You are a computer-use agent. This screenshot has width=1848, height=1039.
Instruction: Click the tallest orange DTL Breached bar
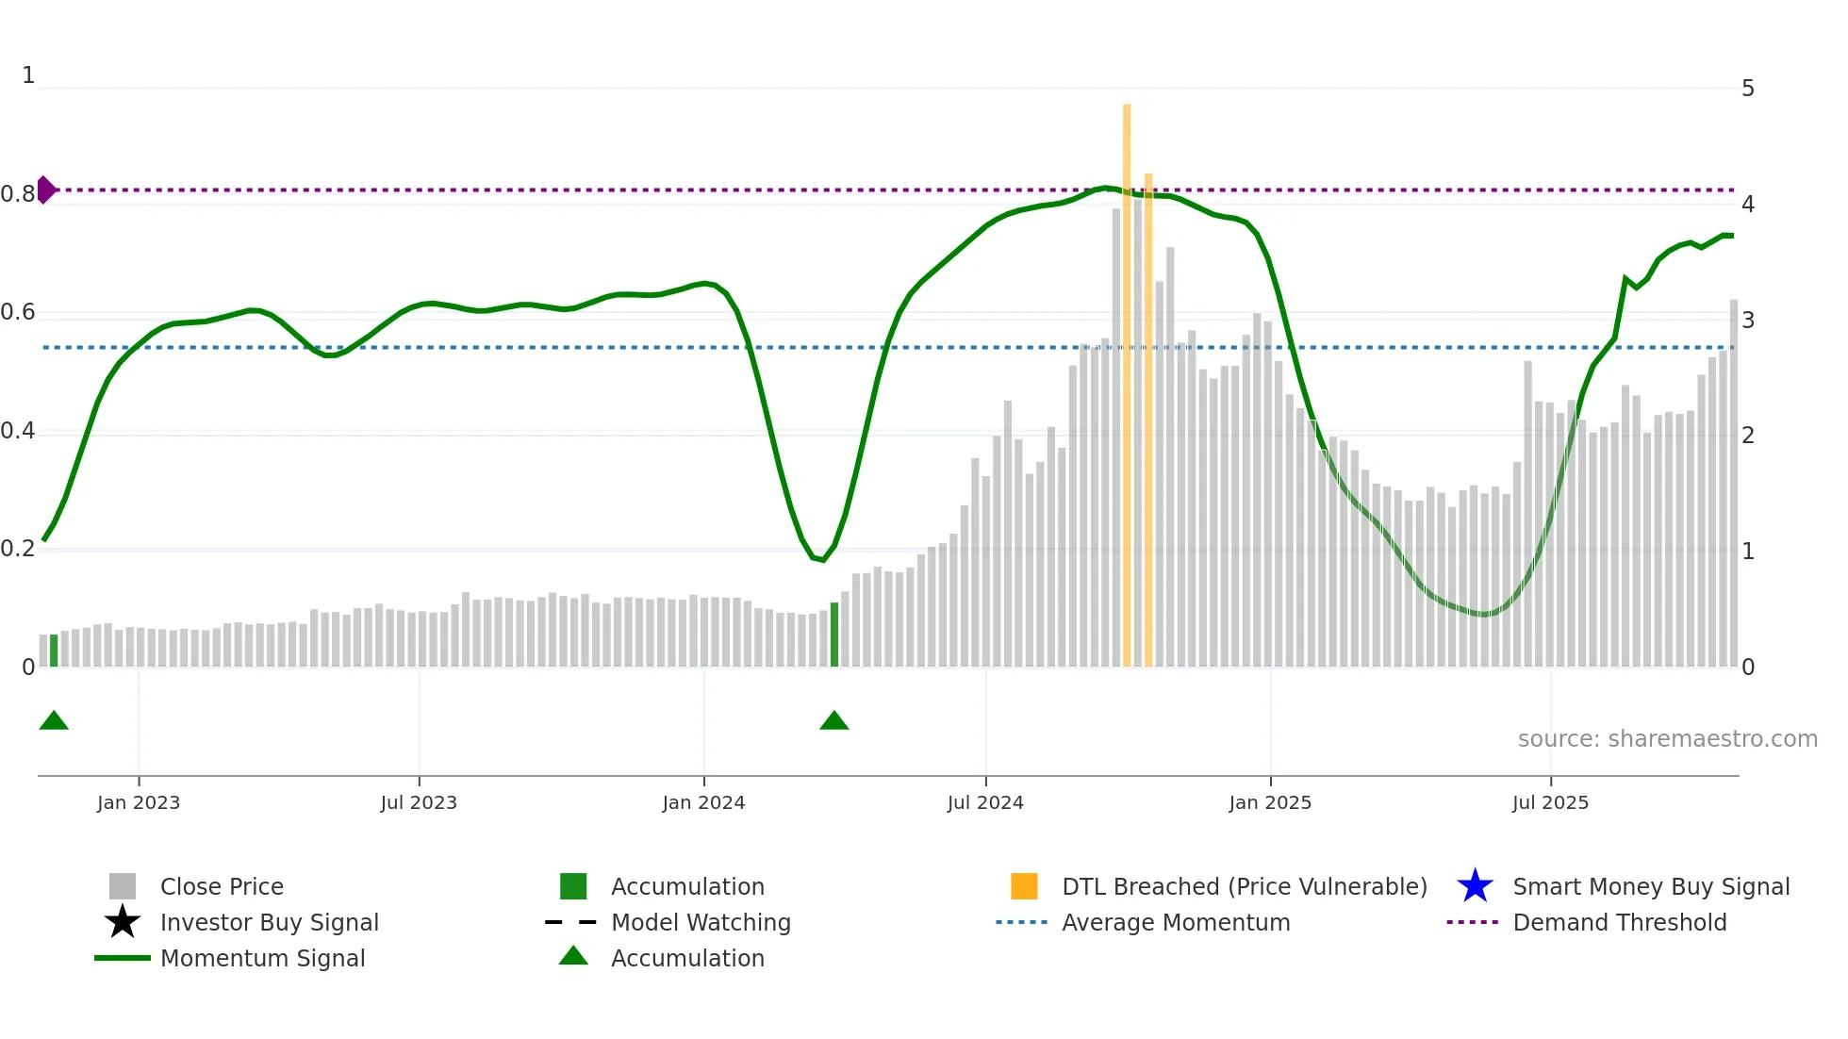[x=1127, y=387]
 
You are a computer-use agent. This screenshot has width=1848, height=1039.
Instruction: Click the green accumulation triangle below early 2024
[x=834, y=721]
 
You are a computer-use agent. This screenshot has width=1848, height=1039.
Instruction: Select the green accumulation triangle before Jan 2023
[x=54, y=721]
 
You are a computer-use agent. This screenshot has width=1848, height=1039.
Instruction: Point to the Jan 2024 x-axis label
[x=703, y=803]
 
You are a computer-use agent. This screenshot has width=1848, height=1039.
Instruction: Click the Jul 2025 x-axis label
[x=1550, y=803]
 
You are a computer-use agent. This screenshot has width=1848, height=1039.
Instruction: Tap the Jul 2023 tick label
[x=419, y=803]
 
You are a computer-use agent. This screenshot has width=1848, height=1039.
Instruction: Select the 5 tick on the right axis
[x=1748, y=89]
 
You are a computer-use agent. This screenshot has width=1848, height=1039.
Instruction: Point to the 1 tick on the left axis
[x=28, y=75]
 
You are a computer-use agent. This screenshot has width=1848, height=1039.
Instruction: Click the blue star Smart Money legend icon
[x=1475, y=886]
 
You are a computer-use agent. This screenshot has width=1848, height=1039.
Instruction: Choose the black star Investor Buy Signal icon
[x=123, y=922]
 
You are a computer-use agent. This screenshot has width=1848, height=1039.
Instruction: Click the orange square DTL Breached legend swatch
[x=1024, y=886]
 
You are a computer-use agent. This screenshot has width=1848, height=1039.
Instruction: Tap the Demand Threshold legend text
[x=1619, y=922]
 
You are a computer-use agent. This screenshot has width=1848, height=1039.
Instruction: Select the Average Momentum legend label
[x=1176, y=922]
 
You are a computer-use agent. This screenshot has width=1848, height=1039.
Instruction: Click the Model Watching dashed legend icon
[x=571, y=922]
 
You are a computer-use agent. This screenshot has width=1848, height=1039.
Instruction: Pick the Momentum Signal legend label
[x=262, y=958]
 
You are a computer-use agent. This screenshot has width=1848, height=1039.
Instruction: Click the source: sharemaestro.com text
[x=1667, y=739]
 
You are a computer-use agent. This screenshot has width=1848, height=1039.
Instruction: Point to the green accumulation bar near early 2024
[x=834, y=635]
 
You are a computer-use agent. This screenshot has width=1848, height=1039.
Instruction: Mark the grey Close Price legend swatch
[x=123, y=886]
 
